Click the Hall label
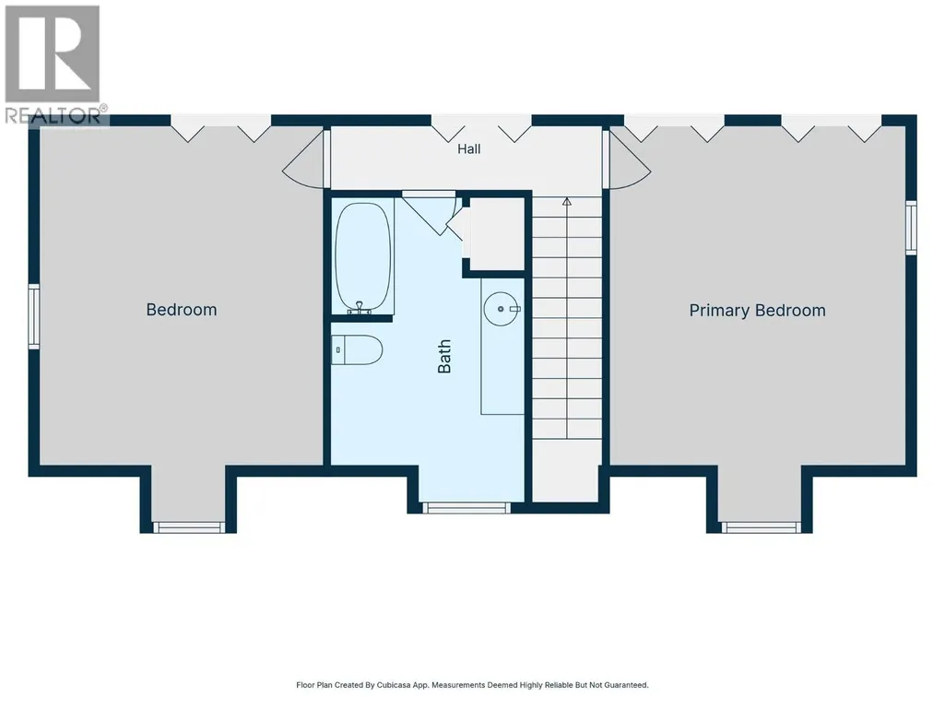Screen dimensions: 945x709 (469, 149)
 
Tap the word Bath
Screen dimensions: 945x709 (444, 356)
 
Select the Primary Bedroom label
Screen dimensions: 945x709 (757, 311)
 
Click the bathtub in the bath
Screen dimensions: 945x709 (363, 257)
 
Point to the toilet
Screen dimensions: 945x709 (357, 349)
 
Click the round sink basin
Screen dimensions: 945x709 (501, 309)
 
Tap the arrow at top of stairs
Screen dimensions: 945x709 (566, 201)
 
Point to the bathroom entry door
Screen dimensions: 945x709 (429, 212)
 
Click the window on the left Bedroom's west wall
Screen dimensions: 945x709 (34, 316)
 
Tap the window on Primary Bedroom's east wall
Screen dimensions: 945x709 (911, 228)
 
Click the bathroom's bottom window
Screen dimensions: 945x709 (466, 508)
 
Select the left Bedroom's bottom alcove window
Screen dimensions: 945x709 (189, 527)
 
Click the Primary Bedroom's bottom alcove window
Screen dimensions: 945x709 (762, 527)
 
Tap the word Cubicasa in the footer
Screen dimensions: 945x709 (393, 685)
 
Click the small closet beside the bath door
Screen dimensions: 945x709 (497, 233)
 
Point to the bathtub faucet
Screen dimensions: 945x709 (360, 308)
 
